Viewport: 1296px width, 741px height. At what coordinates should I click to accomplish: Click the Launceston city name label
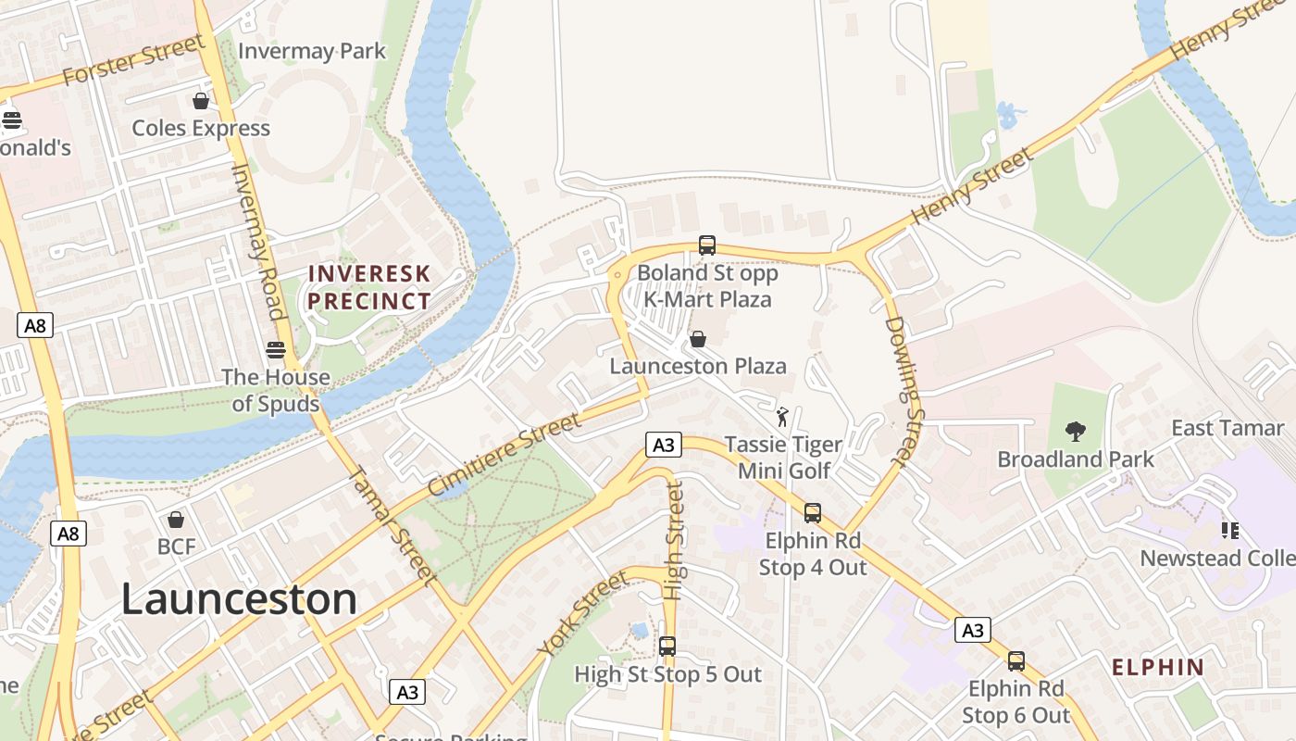tap(239, 599)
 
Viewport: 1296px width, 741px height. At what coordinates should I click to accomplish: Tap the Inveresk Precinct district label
tap(369, 287)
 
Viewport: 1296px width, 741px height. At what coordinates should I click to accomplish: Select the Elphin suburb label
tap(1158, 667)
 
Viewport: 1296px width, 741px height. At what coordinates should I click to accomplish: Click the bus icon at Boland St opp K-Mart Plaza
tap(707, 245)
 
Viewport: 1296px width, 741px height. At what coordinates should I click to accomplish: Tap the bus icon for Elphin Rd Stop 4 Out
tap(813, 512)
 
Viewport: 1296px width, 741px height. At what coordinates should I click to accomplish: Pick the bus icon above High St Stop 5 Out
tap(667, 647)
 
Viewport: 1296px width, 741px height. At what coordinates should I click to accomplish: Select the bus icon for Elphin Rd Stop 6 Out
tap(1016, 661)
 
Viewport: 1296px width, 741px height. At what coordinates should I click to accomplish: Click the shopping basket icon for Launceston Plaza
tap(698, 339)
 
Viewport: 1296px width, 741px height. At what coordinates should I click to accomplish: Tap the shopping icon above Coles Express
tap(201, 101)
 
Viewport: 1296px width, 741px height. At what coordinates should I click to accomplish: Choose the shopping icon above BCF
tap(176, 520)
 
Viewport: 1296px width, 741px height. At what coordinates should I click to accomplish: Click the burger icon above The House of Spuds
tap(276, 349)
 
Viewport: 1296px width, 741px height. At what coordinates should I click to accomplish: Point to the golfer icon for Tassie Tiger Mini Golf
tap(782, 417)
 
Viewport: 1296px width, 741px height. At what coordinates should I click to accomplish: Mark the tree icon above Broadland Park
tap(1076, 431)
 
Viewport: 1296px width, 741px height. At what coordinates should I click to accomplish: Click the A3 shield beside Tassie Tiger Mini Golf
tap(664, 446)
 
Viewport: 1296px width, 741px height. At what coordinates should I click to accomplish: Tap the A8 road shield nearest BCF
tap(69, 534)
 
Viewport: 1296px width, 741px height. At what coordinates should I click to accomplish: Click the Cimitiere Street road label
tap(505, 454)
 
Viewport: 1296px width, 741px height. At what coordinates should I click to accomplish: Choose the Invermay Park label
tap(312, 51)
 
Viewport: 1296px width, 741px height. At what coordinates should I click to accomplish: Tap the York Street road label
tap(582, 614)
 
